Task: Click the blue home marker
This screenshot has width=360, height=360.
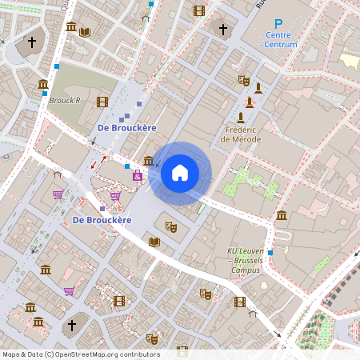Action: coord(180,173)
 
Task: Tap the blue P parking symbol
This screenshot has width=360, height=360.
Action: coord(278,25)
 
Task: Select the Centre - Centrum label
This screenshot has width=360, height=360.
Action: coord(278,39)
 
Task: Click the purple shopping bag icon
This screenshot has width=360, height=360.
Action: coord(138,175)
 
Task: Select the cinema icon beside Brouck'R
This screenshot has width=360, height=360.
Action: coord(102,102)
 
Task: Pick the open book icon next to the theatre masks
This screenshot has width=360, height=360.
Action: coord(154,241)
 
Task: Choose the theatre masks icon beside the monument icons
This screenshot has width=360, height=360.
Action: coord(244,80)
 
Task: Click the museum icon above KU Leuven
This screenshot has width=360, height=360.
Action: coord(282,215)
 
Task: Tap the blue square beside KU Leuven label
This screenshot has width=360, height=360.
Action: coord(270,253)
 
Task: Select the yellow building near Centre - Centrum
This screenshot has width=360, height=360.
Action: coord(350,60)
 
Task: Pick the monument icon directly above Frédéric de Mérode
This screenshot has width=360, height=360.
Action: coord(241,117)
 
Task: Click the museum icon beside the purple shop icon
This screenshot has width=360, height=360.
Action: coord(148,161)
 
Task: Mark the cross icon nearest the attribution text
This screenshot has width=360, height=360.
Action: coord(71,325)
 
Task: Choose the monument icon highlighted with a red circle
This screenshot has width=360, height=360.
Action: coord(250,102)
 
